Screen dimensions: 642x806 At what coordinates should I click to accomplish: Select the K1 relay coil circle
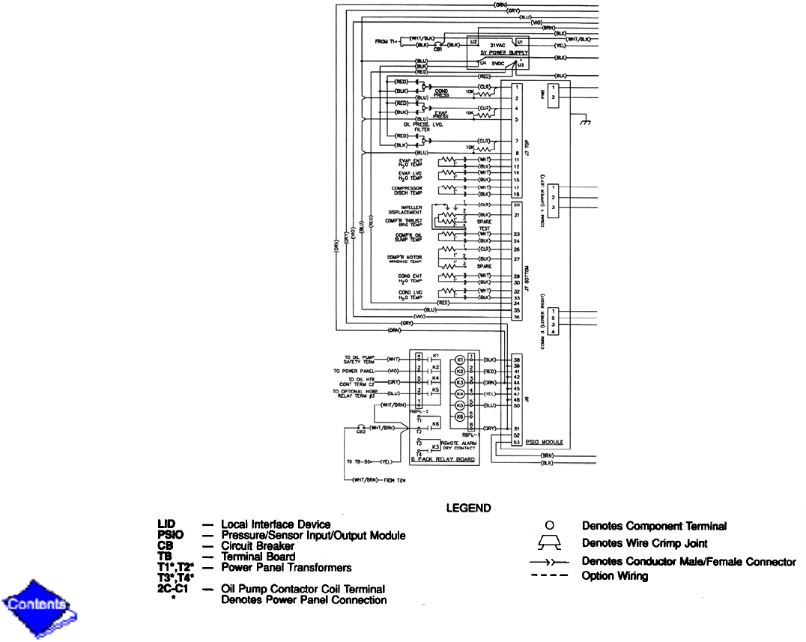click(460, 360)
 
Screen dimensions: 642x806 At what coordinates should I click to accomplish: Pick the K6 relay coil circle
click(460, 416)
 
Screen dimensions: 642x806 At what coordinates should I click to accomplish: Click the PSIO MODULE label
click(545, 443)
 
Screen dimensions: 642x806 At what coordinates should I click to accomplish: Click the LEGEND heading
click(468, 508)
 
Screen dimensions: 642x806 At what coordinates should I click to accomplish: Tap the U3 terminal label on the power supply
click(520, 65)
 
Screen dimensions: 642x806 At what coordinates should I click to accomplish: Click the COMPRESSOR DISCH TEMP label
click(409, 190)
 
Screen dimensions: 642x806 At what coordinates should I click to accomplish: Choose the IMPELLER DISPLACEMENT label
click(412, 210)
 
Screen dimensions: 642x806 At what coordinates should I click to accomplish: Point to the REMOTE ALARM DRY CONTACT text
click(459, 445)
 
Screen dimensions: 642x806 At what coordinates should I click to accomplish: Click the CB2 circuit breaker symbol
click(361, 428)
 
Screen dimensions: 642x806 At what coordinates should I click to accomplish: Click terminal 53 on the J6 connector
click(517, 443)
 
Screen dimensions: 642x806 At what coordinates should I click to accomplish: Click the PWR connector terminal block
click(554, 95)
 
